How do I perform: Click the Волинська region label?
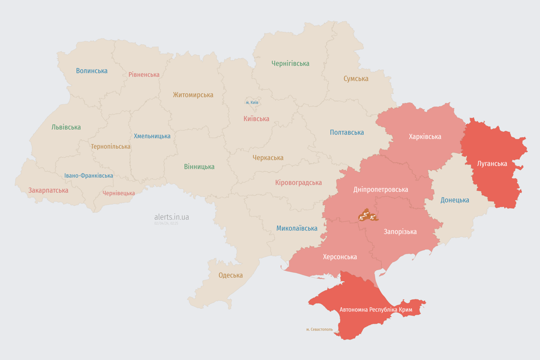point(92,71)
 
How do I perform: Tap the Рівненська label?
point(144,75)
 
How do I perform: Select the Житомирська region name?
point(193,95)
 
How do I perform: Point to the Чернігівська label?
point(290,63)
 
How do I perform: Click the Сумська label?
point(356,79)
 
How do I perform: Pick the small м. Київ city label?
point(252,102)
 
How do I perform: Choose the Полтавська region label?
point(347,132)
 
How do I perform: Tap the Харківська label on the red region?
point(425,136)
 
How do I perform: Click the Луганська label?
point(492,164)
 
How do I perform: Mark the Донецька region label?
point(455,200)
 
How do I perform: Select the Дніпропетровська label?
point(381,189)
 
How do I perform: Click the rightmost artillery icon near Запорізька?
point(373,217)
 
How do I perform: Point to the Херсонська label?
point(340,257)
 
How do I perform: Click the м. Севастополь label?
point(319,329)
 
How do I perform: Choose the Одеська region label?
point(231,275)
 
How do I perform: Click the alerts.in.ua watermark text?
point(172,217)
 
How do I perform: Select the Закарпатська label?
point(48,190)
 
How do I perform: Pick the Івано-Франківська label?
point(89,176)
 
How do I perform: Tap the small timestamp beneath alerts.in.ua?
point(166,224)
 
